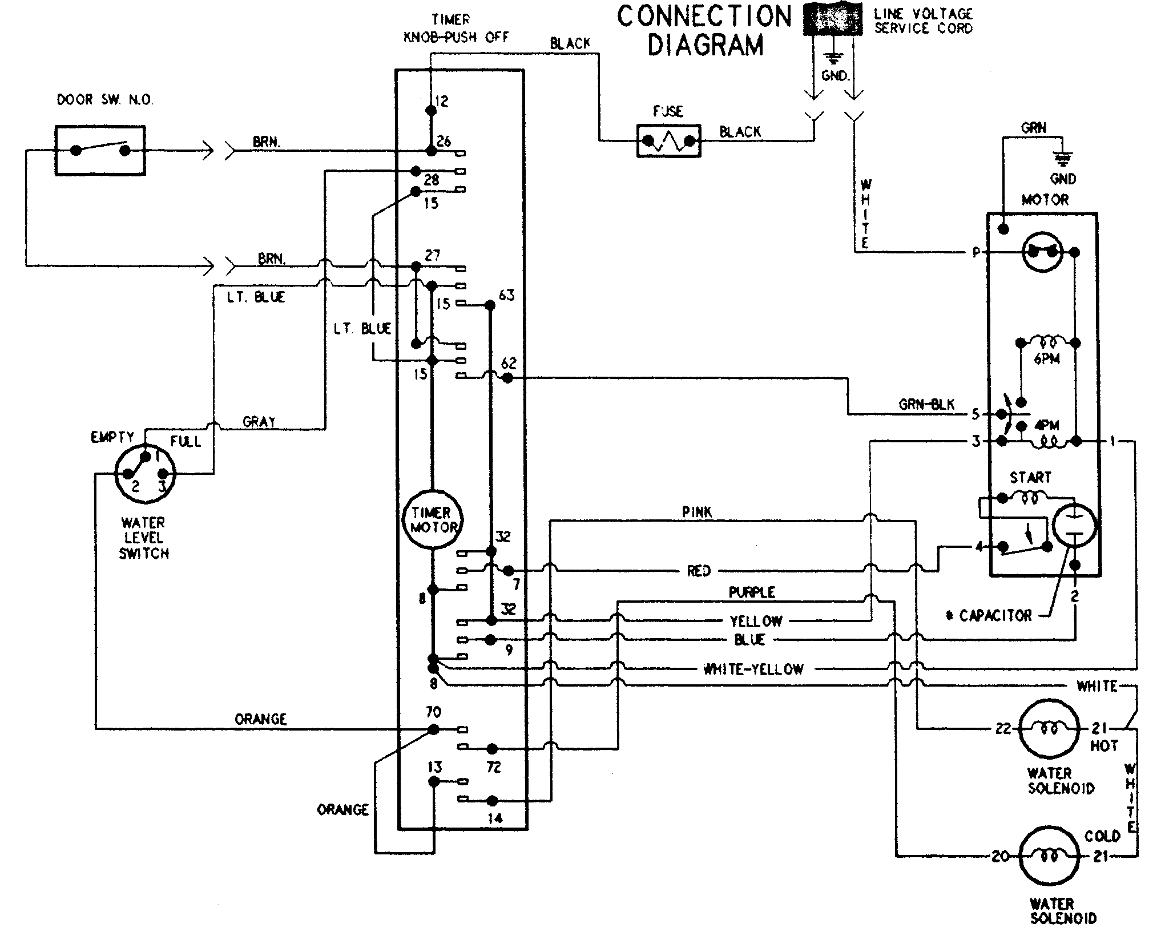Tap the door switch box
(100, 151)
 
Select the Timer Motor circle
(433, 520)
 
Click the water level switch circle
(145, 474)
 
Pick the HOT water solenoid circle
(1049, 729)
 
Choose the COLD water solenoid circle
(1049, 857)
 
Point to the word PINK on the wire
(697, 512)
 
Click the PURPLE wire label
(752, 592)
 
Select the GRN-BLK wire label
(926, 405)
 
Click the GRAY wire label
(259, 422)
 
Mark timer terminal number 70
(433, 712)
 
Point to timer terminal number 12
(441, 102)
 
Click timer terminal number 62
(508, 363)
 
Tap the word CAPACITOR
(995, 615)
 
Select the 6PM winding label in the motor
(1046, 360)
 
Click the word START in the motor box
(1030, 477)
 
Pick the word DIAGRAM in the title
(705, 46)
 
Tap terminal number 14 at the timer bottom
(495, 818)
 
